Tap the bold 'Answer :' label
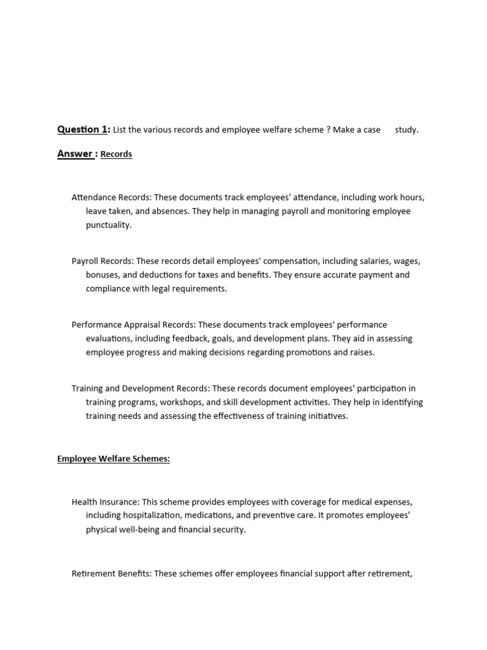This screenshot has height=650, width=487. pos(77,154)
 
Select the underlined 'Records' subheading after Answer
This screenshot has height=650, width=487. pos(116,154)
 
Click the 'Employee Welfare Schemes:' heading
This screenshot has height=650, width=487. pos(114,459)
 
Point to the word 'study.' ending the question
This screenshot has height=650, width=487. pos(406,130)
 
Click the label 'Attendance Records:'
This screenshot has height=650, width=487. pos(111,197)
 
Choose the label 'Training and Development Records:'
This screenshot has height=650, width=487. pos(141,388)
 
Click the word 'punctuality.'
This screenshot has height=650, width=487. pos(109,225)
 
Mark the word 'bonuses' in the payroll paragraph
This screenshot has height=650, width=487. pos(103,275)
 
